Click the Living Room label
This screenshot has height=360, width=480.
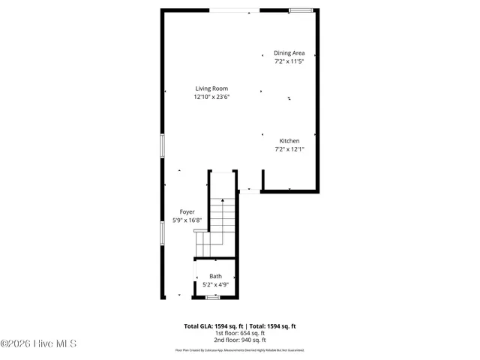pos(211,88)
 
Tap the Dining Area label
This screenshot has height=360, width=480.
pos(289,53)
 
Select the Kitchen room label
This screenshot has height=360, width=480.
pos(289,141)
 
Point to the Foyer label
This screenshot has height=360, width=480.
pos(187,212)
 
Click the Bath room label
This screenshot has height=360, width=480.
pos(215,277)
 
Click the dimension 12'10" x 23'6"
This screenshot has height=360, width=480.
pos(211,97)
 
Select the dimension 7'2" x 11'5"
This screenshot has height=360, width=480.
pos(289,61)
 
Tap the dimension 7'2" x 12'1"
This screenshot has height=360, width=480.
pos(289,149)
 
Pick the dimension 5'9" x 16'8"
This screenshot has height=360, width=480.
pos(187,220)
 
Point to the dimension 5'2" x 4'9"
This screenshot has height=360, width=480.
pos(215,285)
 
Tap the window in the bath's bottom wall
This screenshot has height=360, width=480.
pos(213,298)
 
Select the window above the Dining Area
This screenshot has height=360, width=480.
pos(300,10)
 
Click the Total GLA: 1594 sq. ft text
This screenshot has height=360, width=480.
pos(211,326)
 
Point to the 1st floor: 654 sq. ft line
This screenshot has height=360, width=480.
pos(240,333)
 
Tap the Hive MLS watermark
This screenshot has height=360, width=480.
pos(38,344)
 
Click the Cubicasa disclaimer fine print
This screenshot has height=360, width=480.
pos(240,349)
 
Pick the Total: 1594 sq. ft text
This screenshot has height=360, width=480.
pos(271,326)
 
